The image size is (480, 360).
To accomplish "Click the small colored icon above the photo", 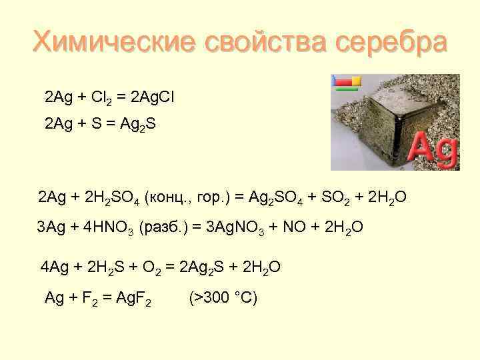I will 346,82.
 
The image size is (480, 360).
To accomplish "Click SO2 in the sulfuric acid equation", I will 343,198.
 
